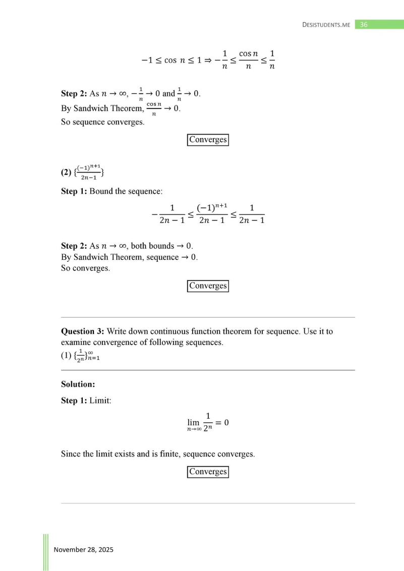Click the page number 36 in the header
[x=363, y=24]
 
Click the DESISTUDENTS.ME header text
[x=326, y=25]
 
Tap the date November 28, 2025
[x=84, y=549]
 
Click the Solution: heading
[x=78, y=384]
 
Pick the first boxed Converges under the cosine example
[x=208, y=140]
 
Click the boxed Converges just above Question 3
[x=208, y=286]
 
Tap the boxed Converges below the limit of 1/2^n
[x=208, y=472]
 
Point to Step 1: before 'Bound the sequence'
[x=74, y=192]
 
